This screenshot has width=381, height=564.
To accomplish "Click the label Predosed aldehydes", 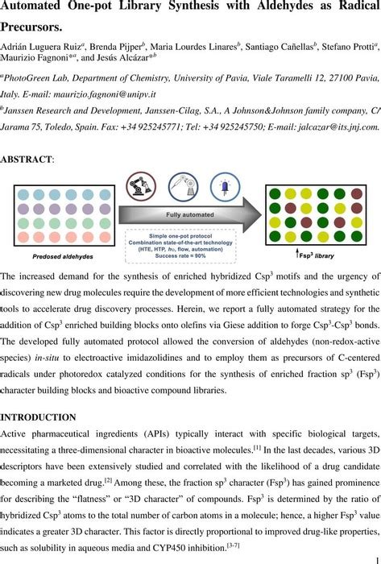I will [62, 256].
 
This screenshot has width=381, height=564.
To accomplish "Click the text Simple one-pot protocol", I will [180, 233].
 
